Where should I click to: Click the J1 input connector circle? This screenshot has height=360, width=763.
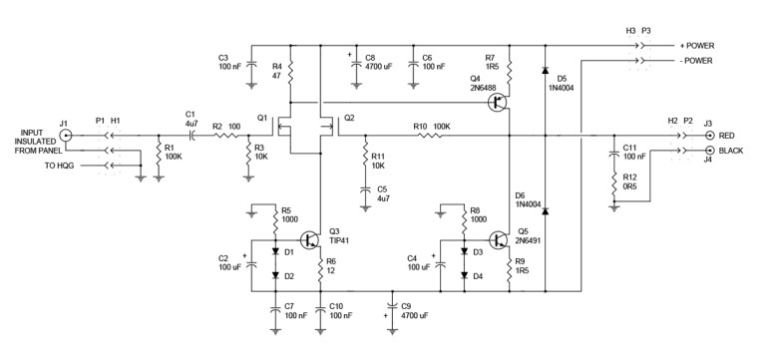pos(66,135)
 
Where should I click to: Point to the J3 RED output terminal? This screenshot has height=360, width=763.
pos(709,135)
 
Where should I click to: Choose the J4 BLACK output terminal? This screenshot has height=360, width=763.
pos(709,151)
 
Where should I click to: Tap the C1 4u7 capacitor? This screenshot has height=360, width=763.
pos(191,135)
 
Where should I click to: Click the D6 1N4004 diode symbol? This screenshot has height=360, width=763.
pos(545,211)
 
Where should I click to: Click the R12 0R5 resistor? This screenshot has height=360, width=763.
pos(615,182)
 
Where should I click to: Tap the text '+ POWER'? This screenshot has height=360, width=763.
pos(698,46)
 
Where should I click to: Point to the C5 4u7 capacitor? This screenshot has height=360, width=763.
pos(366,187)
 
